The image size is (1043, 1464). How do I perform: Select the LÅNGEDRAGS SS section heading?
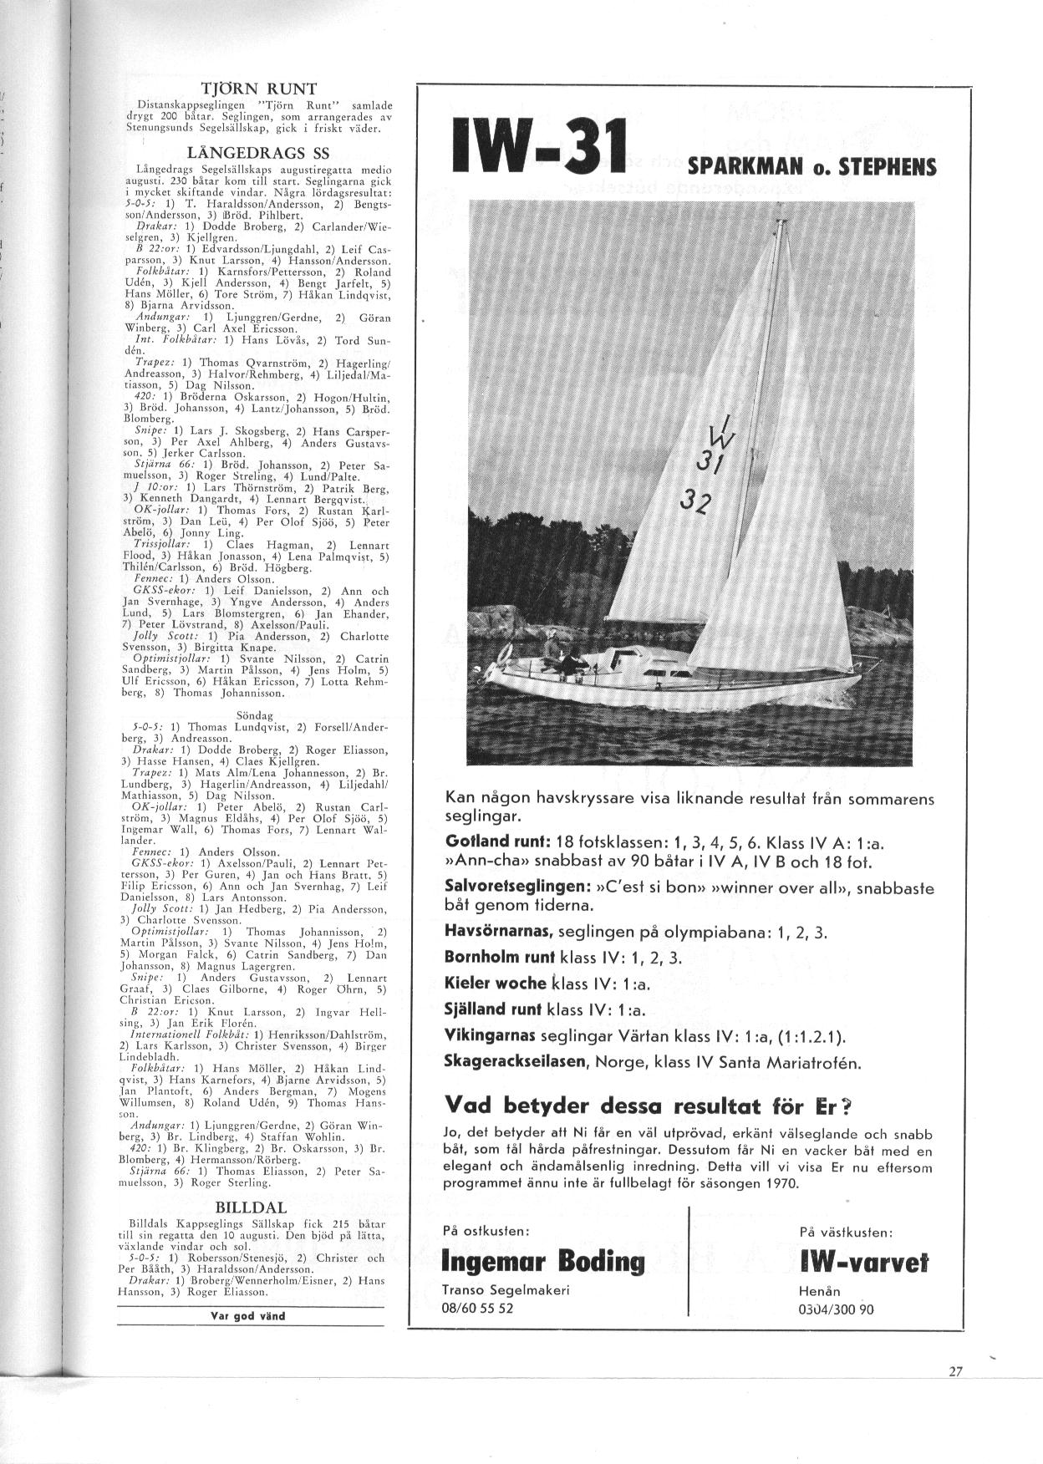pyautogui.click(x=250, y=153)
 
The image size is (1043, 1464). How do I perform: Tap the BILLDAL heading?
pyautogui.click(x=251, y=1207)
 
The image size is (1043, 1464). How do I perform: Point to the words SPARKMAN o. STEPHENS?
pyautogui.click(x=811, y=167)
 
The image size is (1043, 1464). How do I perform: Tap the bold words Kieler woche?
pyautogui.click(x=496, y=983)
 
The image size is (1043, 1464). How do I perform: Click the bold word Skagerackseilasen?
pyautogui.click(x=516, y=1063)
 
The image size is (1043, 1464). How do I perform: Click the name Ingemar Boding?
pyautogui.click(x=542, y=1260)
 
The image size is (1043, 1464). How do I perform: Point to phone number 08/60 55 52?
pyautogui.click(x=477, y=1309)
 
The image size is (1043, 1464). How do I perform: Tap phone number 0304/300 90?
pyautogui.click(x=837, y=1309)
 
